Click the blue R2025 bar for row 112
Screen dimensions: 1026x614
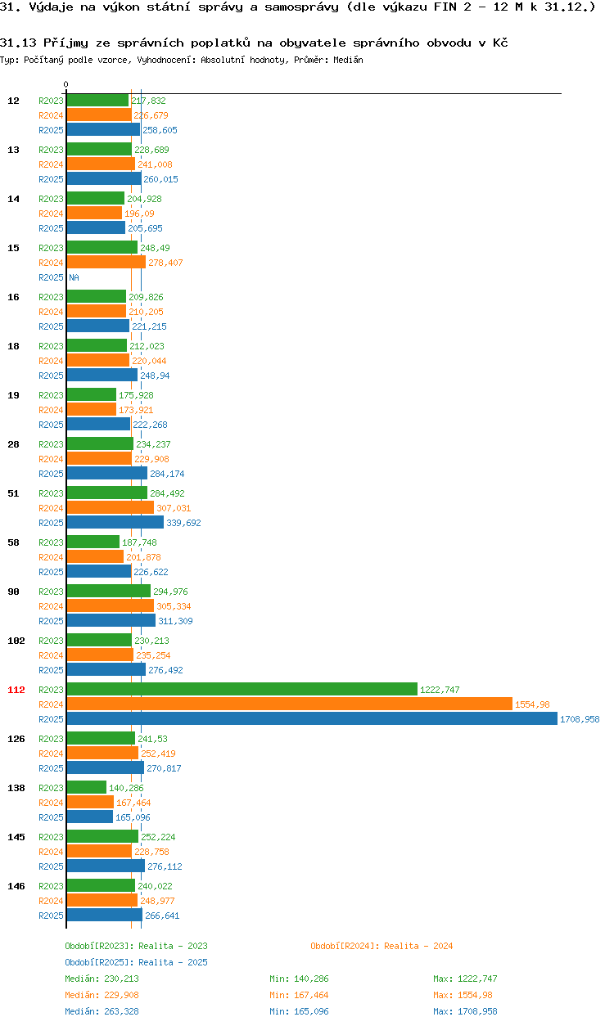[x=311, y=719]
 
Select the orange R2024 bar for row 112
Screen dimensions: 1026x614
[x=289, y=704]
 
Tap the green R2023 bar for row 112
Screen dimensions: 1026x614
[x=242, y=690]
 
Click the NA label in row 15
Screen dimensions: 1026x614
[x=74, y=277]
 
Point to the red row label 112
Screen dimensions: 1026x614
[x=16, y=690]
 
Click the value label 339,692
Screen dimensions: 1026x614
[x=183, y=523]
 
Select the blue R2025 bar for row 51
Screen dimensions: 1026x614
[x=115, y=523]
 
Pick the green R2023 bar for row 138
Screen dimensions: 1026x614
[x=86, y=788]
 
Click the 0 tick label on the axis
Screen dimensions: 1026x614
[x=66, y=84]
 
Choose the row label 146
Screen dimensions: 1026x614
[x=16, y=886]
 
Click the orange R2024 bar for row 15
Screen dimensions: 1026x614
[x=106, y=263]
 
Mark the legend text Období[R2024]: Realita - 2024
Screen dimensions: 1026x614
[x=381, y=946]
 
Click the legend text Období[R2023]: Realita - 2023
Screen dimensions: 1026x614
[x=136, y=946]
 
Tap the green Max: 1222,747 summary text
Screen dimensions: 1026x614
[x=465, y=979]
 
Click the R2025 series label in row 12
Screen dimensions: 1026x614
[x=51, y=130]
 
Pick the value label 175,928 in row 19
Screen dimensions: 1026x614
[x=136, y=395]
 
